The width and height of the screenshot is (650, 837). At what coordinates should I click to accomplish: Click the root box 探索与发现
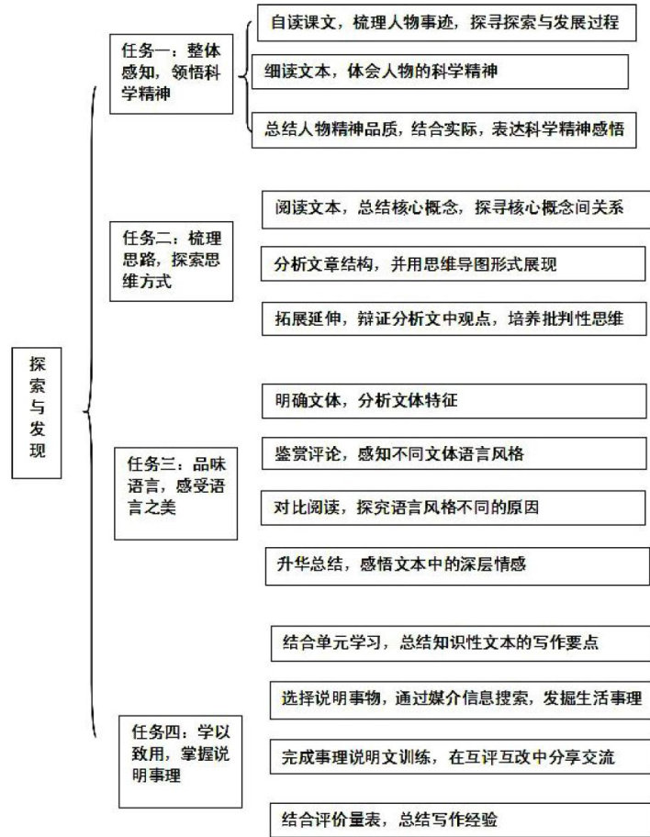36,413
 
